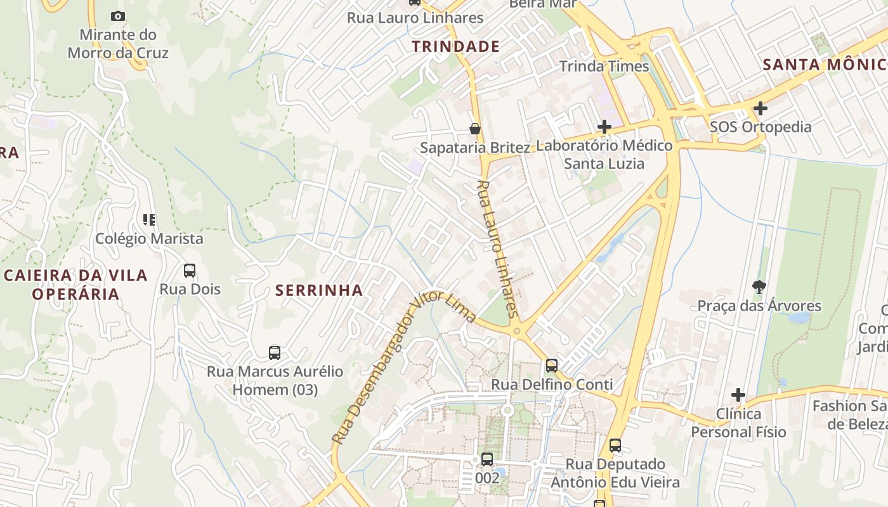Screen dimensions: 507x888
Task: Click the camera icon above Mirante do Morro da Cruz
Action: click(117, 16)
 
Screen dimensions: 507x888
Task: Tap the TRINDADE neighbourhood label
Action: click(455, 46)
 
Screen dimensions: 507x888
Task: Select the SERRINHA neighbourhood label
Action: click(319, 290)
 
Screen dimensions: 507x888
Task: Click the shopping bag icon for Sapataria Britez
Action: click(474, 129)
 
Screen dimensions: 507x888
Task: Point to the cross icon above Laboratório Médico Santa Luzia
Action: click(604, 127)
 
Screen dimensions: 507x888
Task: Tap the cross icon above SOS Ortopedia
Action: click(760, 108)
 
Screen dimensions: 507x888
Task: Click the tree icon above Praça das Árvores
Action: click(759, 287)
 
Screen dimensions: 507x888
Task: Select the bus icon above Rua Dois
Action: click(189, 271)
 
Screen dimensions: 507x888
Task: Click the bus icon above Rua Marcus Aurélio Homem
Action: click(274, 353)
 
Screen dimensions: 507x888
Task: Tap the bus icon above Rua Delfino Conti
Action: click(551, 366)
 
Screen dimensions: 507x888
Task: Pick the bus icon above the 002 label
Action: click(486, 459)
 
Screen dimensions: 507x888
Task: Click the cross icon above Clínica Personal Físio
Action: click(738, 395)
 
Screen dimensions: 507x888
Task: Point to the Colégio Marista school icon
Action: click(149, 220)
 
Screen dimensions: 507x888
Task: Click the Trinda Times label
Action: click(604, 66)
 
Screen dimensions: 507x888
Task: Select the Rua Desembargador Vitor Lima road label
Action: click(403, 368)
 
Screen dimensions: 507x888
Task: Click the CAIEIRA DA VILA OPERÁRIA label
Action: click(75, 285)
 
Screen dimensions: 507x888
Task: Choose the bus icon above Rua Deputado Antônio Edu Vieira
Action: click(615, 446)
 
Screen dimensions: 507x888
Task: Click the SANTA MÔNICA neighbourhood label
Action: click(825, 64)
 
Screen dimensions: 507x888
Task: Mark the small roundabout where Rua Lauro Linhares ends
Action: click(517, 330)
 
